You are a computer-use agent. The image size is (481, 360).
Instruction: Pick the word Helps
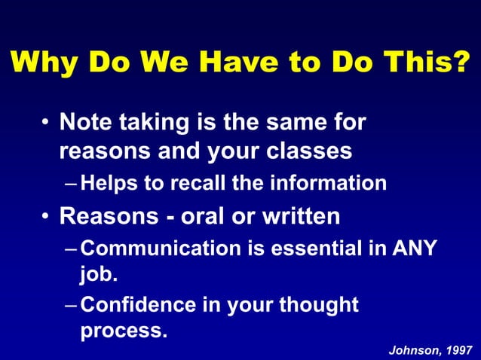point(109,183)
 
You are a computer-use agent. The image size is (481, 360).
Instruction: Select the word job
point(98,276)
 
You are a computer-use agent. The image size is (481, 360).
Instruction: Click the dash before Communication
point(70,249)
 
